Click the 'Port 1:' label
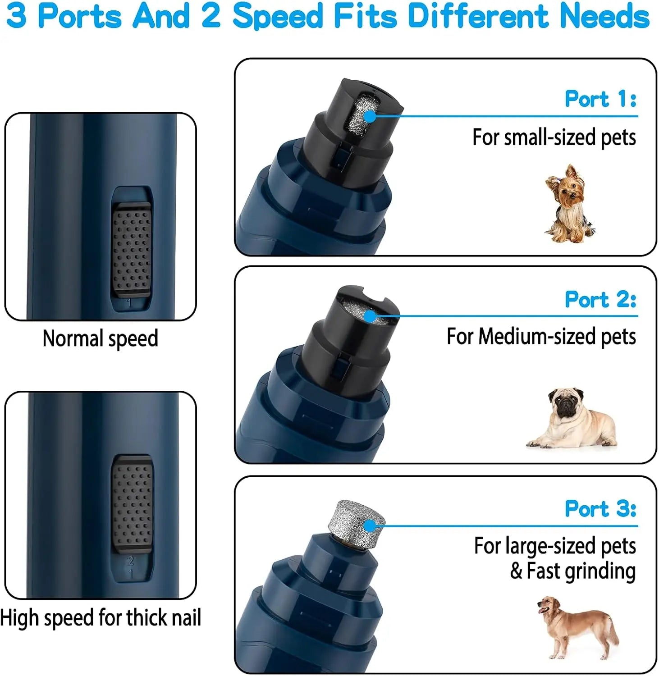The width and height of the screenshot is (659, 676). pyautogui.click(x=600, y=99)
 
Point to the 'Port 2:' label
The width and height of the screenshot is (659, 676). pyautogui.click(x=600, y=299)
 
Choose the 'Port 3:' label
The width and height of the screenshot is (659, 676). pyautogui.click(x=600, y=509)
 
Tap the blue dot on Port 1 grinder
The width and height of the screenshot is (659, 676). pyautogui.click(x=370, y=116)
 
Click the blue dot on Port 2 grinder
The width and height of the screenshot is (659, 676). pyautogui.click(x=370, y=316)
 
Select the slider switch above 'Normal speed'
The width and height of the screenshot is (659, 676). pyautogui.click(x=132, y=250)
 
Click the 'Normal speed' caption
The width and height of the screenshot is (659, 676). pyautogui.click(x=100, y=338)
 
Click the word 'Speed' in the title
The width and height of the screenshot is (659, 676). pyautogui.click(x=277, y=16)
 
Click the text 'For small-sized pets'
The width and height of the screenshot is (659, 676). pyautogui.click(x=554, y=137)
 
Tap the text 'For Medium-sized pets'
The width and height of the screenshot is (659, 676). pyautogui.click(x=541, y=337)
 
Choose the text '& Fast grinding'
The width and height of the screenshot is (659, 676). pyautogui.click(x=572, y=571)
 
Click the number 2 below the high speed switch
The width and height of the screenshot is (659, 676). pyautogui.click(x=131, y=561)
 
